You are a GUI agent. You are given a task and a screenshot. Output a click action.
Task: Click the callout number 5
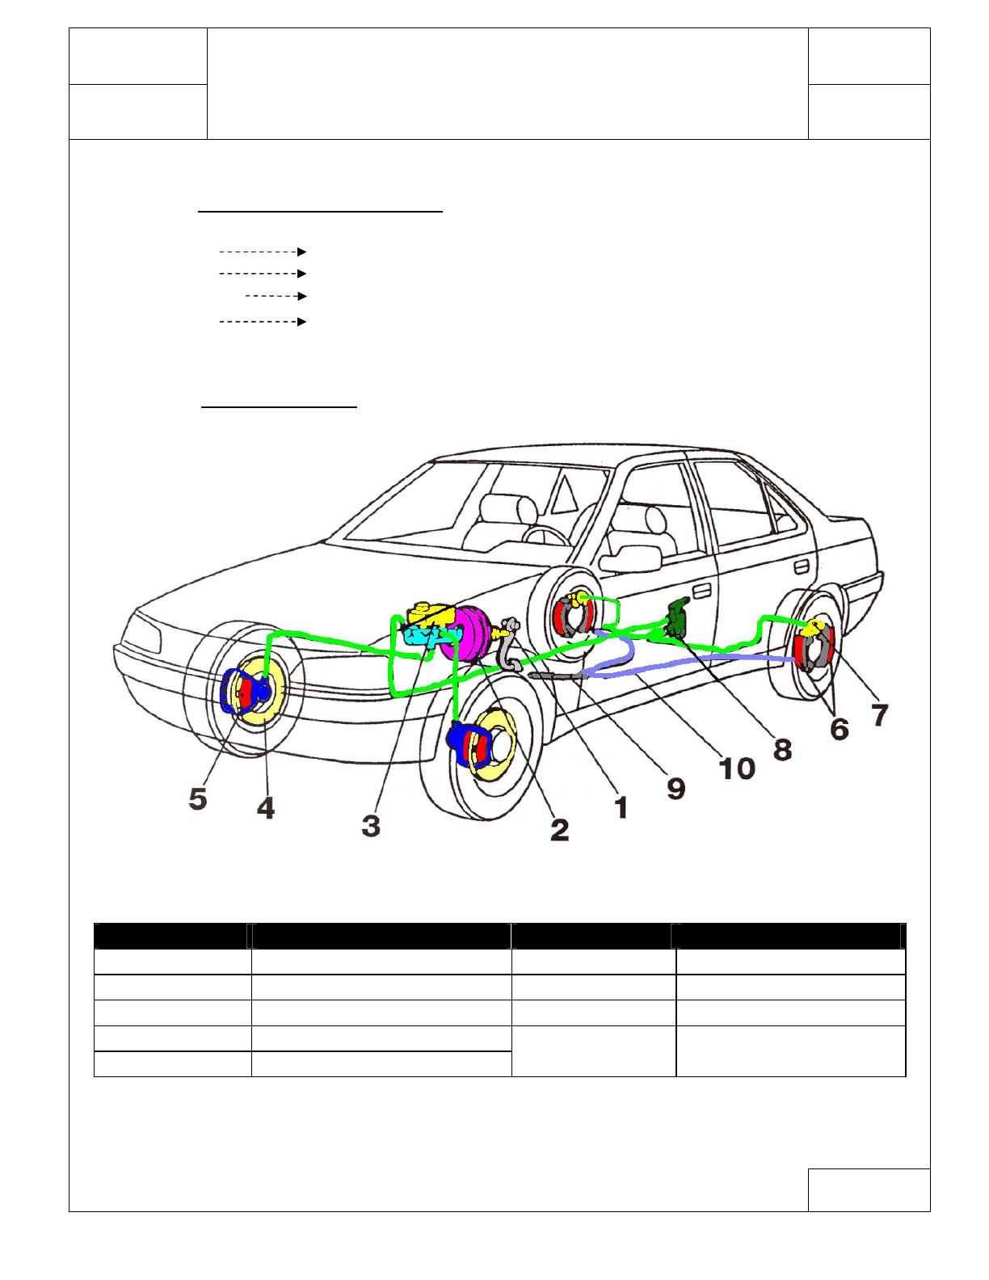(x=198, y=800)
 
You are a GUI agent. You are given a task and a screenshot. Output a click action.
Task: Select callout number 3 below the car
(x=371, y=827)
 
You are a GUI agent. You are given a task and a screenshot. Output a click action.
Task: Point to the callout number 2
(x=558, y=829)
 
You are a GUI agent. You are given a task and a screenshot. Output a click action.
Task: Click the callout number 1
(x=621, y=806)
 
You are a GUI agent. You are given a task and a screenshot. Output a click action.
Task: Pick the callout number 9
(x=675, y=786)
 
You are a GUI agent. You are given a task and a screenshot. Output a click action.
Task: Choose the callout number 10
(x=738, y=767)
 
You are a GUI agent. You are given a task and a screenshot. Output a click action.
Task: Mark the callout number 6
(x=840, y=729)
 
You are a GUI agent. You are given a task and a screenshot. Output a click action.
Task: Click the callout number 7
(x=878, y=714)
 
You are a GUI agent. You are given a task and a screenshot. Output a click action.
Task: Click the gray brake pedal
(x=510, y=646)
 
